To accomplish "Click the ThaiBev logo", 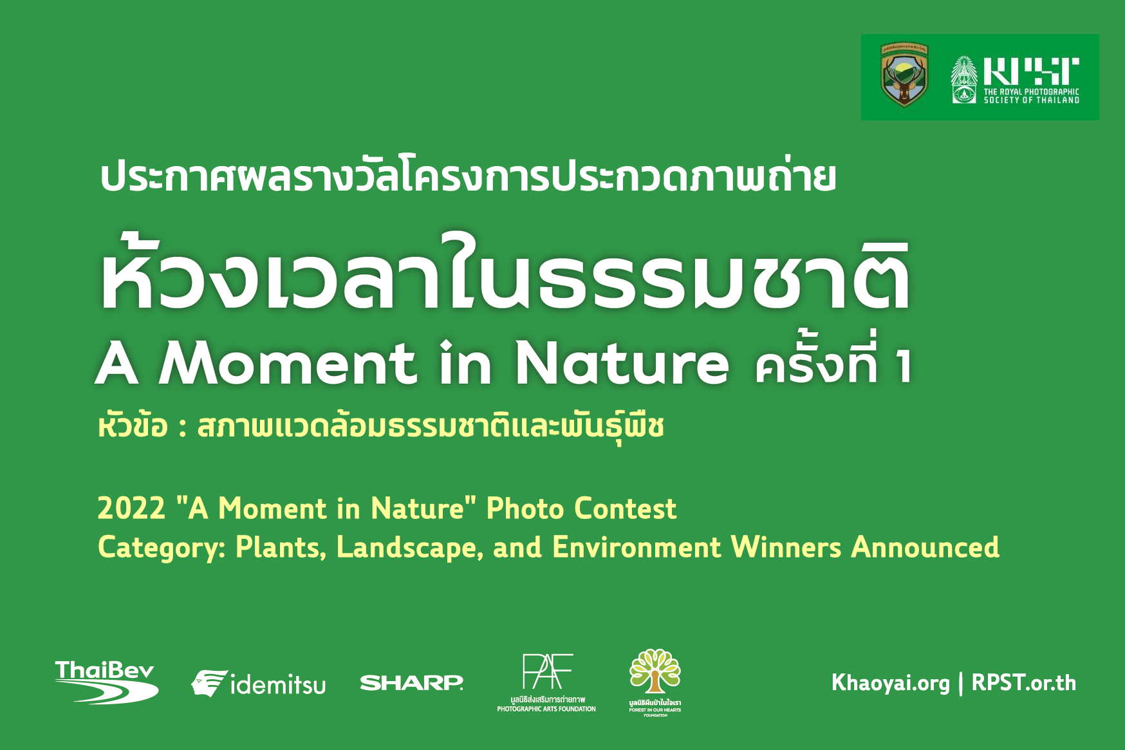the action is pos(107,682).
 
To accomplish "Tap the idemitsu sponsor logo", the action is pos(258,684).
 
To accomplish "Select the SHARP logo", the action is pos(412,683).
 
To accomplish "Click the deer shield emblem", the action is pos(904,75).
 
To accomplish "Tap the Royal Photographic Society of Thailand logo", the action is pos(1016,80).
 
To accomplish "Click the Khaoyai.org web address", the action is pos(890,683).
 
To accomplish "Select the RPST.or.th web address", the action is pos(1023,683).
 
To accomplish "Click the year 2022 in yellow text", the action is pos(132,509).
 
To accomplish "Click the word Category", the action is pos(162,548).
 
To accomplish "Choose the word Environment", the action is pos(637,547).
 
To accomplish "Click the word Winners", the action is pos(786,547).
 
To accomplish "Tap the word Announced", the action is pos(925,547).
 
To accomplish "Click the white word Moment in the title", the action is pos(287,363).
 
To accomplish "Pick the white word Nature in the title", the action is pos(622,363).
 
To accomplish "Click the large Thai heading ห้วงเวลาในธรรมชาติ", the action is pos(506,274).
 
